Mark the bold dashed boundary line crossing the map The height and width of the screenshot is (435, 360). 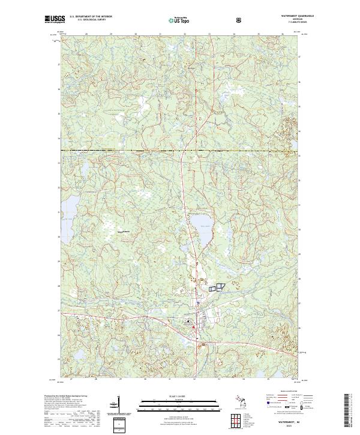pyautogui.click(x=180, y=150)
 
